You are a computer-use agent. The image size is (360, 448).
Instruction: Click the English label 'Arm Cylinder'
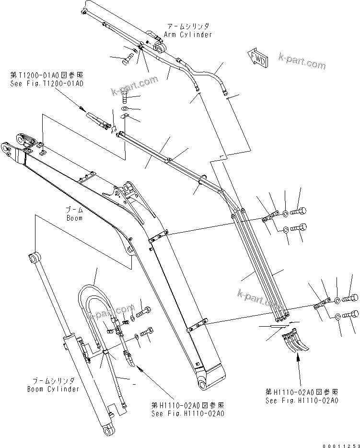187,35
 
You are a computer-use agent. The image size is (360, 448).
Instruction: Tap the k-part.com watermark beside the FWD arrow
302,62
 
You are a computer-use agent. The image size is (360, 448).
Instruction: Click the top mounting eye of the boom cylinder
35,258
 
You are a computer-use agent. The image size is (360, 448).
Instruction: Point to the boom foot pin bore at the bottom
202,385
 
